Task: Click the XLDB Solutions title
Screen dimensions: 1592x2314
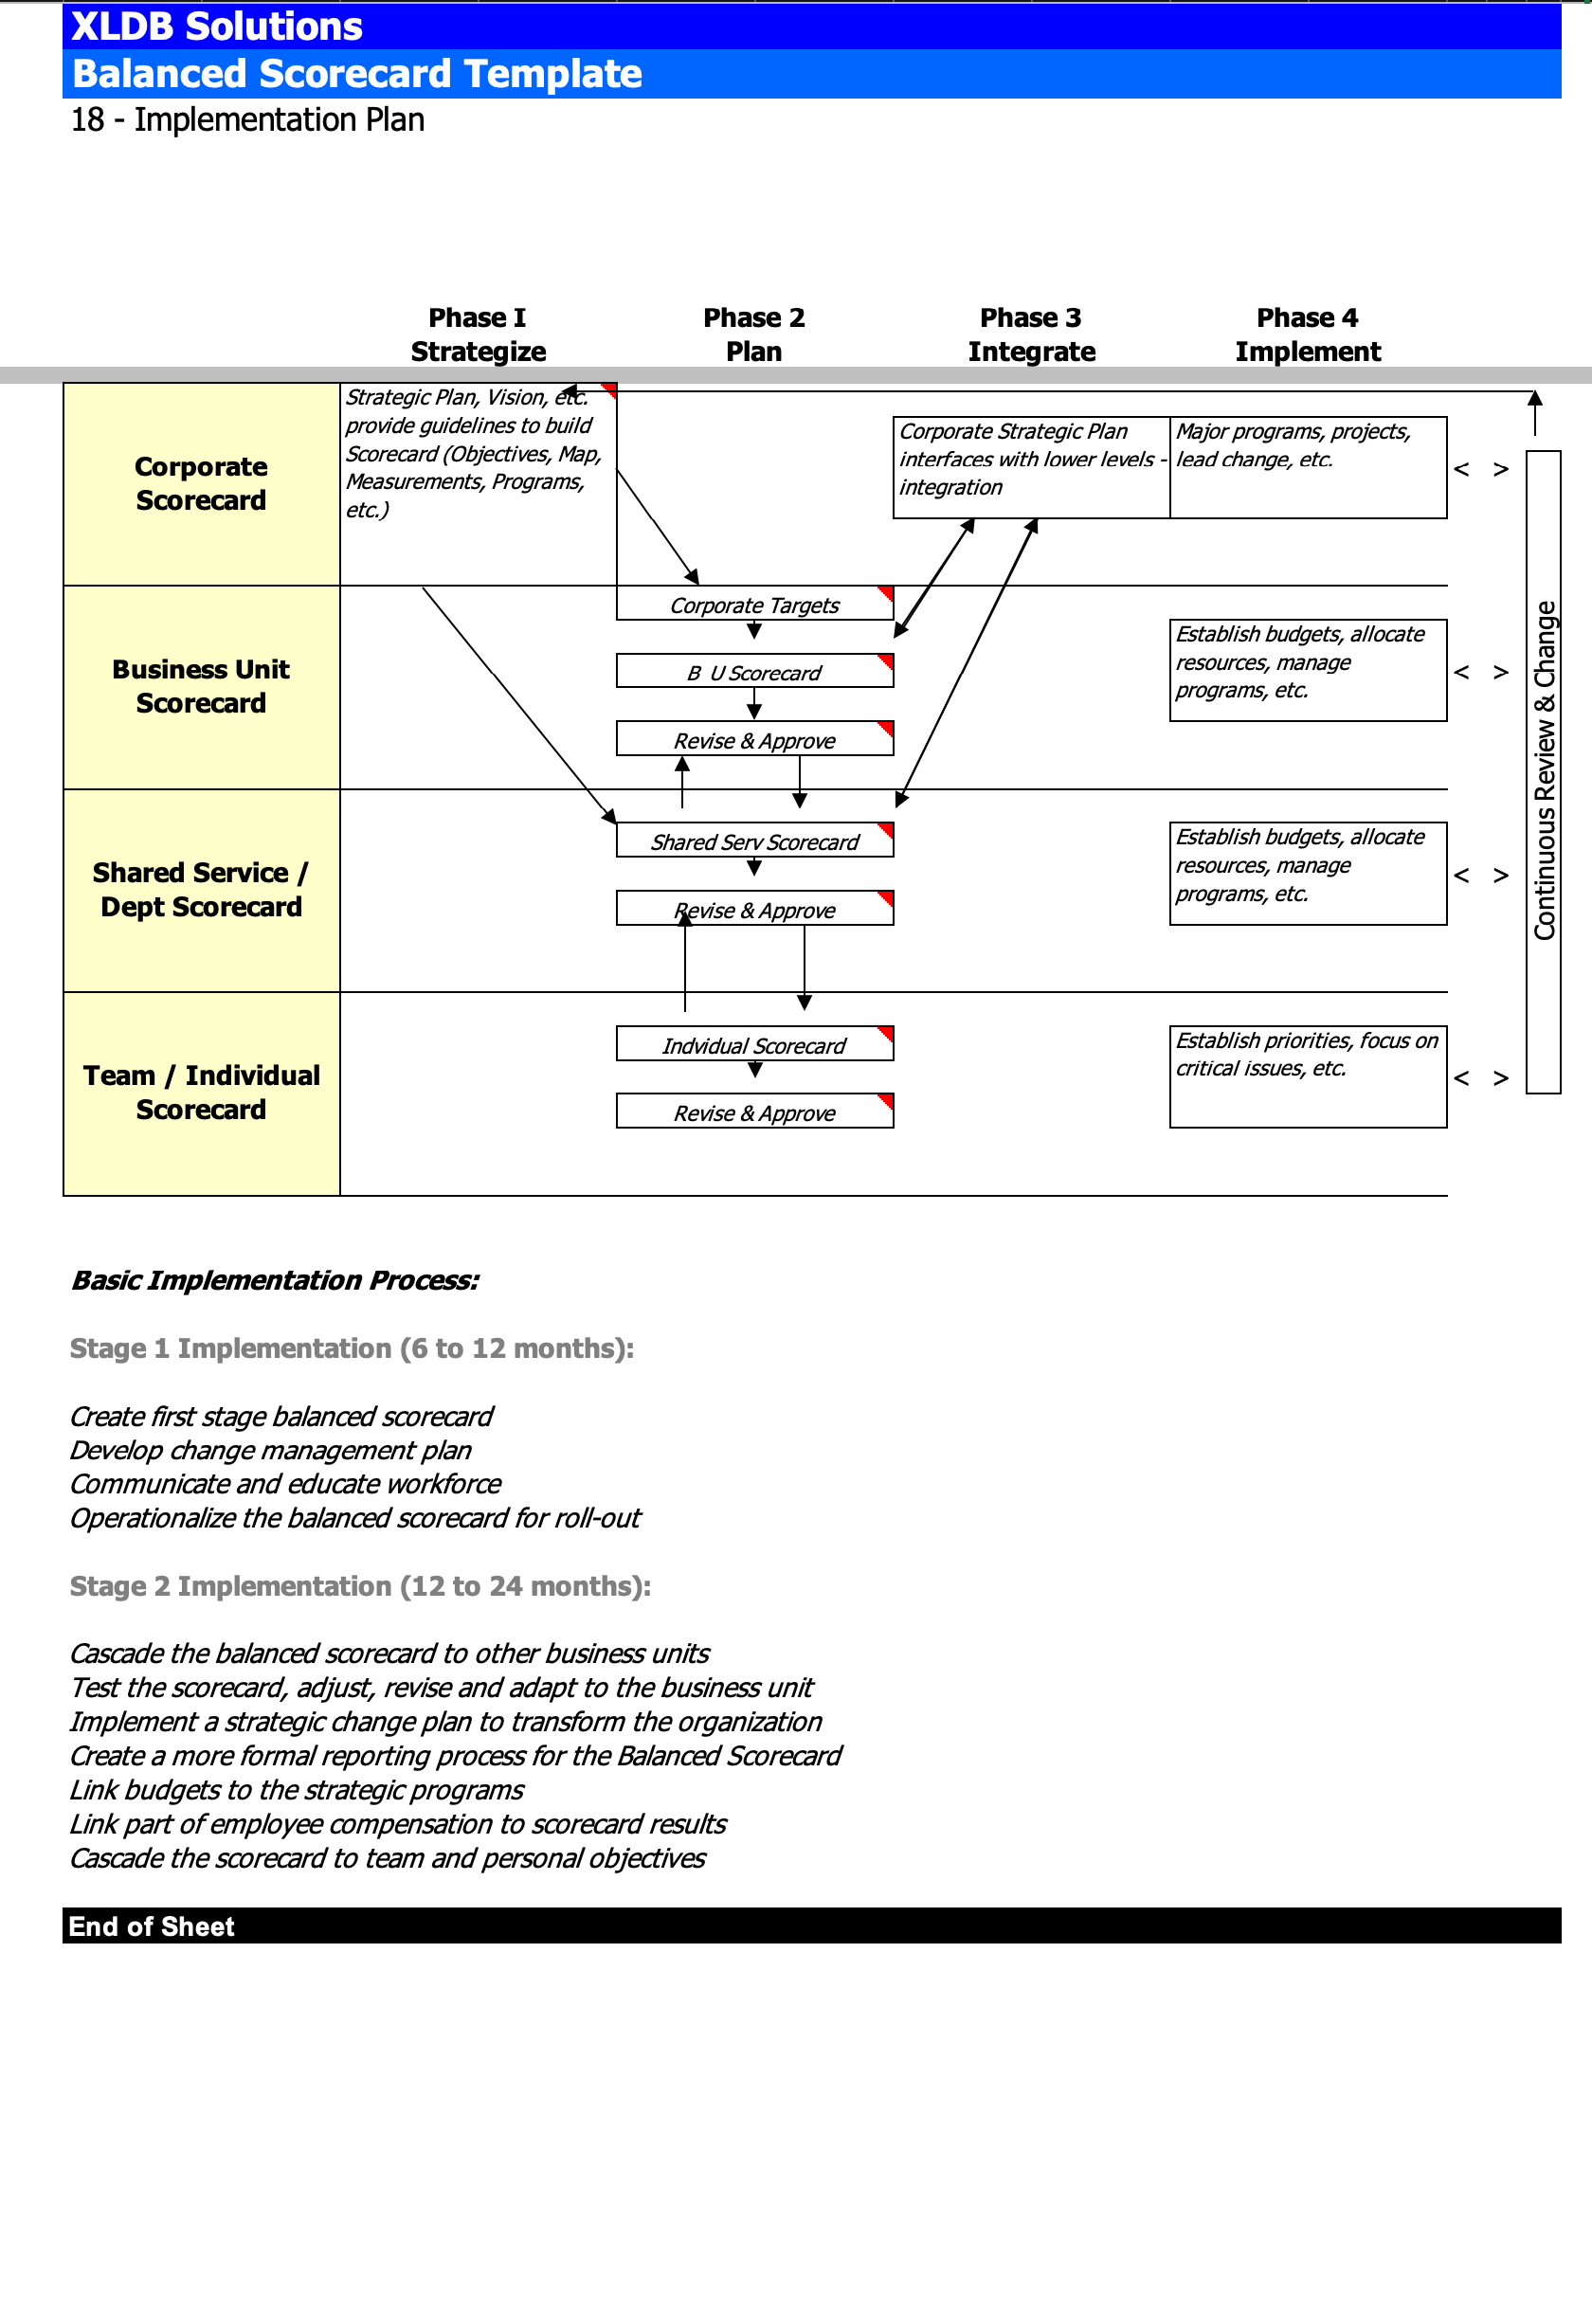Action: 216,26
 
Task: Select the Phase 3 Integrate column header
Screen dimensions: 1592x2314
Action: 1031,334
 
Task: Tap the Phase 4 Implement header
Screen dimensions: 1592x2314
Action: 1308,334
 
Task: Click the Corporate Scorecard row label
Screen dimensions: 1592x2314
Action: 202,484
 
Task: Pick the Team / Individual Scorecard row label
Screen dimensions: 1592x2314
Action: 202,1093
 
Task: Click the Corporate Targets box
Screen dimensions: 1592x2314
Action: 755,604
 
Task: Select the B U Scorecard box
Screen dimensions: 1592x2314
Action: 755,671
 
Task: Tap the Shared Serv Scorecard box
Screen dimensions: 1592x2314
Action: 755,841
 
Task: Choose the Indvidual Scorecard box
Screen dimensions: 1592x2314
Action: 755,1044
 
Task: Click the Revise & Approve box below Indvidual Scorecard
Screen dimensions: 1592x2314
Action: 755,1112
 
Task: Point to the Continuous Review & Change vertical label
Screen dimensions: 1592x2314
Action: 1544,771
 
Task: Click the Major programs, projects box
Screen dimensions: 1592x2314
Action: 1309,468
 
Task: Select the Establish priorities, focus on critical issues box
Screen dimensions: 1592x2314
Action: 1309,1077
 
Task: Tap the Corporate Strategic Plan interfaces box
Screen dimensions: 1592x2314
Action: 1031,468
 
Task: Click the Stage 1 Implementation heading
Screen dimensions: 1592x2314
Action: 353,1348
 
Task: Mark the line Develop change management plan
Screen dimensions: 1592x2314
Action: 270,1450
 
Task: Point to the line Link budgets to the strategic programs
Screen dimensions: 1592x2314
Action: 297,1790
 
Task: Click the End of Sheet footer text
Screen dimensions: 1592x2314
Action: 152,1926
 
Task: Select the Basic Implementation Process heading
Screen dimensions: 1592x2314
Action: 276,1281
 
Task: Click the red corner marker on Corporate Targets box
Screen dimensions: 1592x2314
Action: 886,594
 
